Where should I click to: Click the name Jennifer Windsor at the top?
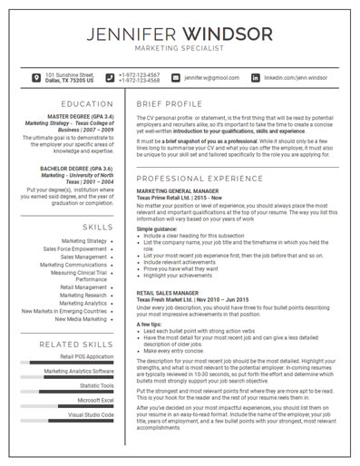(x=180, y=34)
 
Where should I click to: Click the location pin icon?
(x=35, y=78)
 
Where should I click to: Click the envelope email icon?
(x=175, y=78)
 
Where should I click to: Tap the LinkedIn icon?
(x=255, y=78)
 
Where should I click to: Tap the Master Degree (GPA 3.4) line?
(x=80, y=117)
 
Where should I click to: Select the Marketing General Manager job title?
(x=179, y=192)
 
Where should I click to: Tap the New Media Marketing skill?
(x=81, y=318)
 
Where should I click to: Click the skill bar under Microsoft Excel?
(x=73, y=406)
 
